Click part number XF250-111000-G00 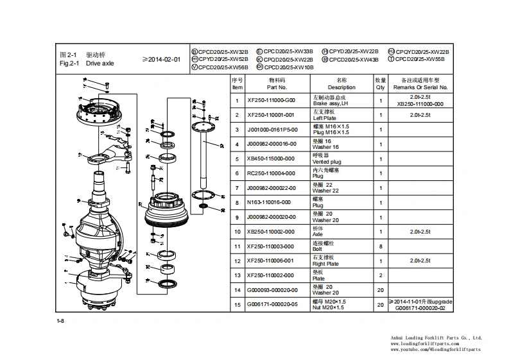point(272,100)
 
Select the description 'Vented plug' point(327,162)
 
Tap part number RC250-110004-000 point(272,173)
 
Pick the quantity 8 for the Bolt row point(380,246)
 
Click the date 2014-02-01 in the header point(161,60)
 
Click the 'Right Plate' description point(325,264)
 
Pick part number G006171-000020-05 point(272,305)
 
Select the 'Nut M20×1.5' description point(329,307)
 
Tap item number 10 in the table point(237,232)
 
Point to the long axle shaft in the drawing point(202,160)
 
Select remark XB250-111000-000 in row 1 point(420,103)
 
